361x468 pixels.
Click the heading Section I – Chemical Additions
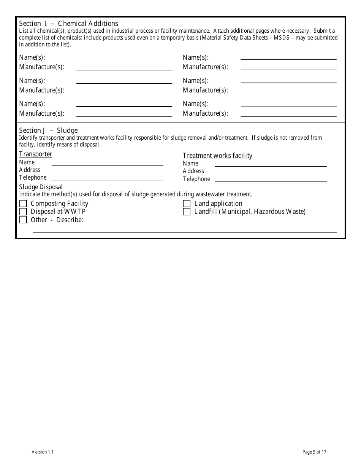point(68,24)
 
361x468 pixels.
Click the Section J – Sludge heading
point(48,131)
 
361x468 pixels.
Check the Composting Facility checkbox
point(23,204)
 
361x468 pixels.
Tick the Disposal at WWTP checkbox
point(23,212)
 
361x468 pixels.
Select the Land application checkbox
point(187,204)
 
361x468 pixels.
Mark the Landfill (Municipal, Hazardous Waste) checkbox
point(187,212)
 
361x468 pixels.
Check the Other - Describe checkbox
point(23,220)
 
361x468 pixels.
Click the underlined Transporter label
point(35,154)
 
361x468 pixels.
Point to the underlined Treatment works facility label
point(217,156)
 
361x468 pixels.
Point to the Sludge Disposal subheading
point(41,187)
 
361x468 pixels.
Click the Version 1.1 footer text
point(42,452)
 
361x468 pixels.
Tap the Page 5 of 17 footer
point(314,452)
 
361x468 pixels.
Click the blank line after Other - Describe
point(212,222)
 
